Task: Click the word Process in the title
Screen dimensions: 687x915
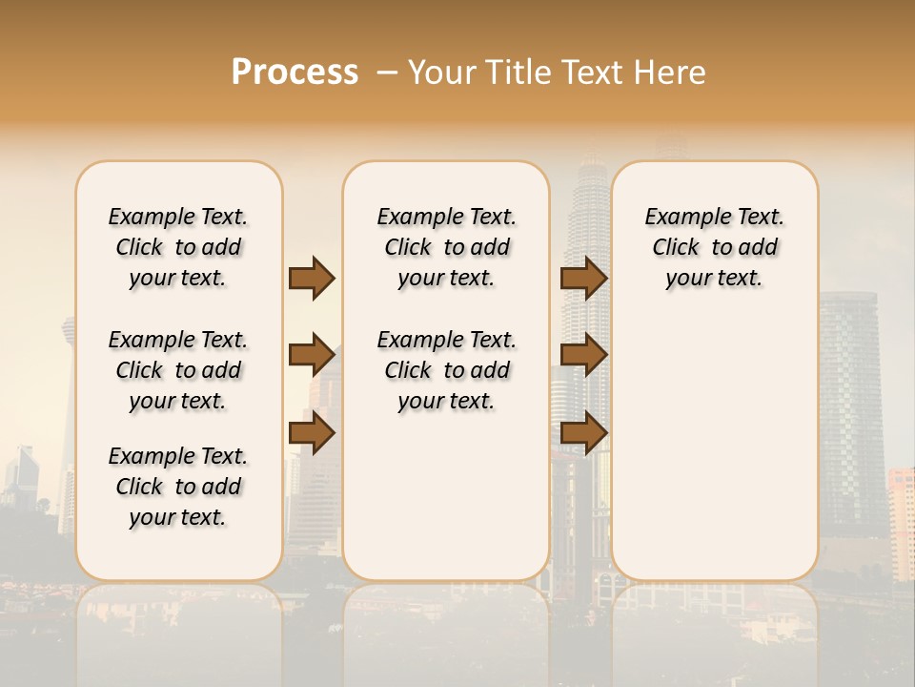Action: (x=295, y=73)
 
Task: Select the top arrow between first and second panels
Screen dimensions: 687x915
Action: (x=312, y=278)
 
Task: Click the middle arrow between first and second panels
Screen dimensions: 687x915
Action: (x=312, y=356)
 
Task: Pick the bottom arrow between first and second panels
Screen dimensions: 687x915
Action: (x=312, y=433)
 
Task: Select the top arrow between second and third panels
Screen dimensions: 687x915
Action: (x=583, y=278)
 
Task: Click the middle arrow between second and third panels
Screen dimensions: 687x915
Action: (x=583, y=356)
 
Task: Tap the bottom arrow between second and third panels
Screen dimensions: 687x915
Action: (x=583, y=433)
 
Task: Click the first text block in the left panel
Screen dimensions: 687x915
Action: (x=178, y=247)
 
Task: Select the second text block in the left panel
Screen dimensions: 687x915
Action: (x=178, y=370)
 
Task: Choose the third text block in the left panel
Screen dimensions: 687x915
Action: (x=178, y=487)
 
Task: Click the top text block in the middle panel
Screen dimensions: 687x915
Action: (x=446, y=247)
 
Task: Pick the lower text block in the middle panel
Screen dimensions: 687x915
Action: (x=446, y=370)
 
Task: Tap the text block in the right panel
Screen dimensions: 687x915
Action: (x=714, y=247)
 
